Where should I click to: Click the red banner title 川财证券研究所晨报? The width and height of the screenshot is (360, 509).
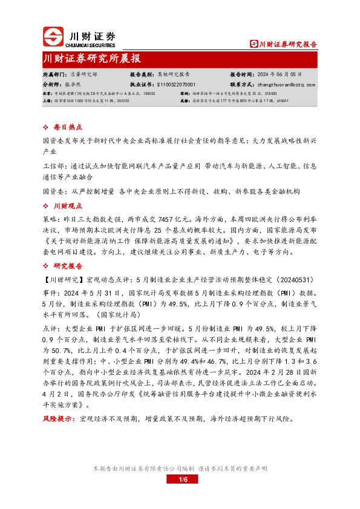coord(92,59)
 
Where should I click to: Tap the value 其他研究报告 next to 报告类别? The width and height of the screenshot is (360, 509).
coord(175,73)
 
